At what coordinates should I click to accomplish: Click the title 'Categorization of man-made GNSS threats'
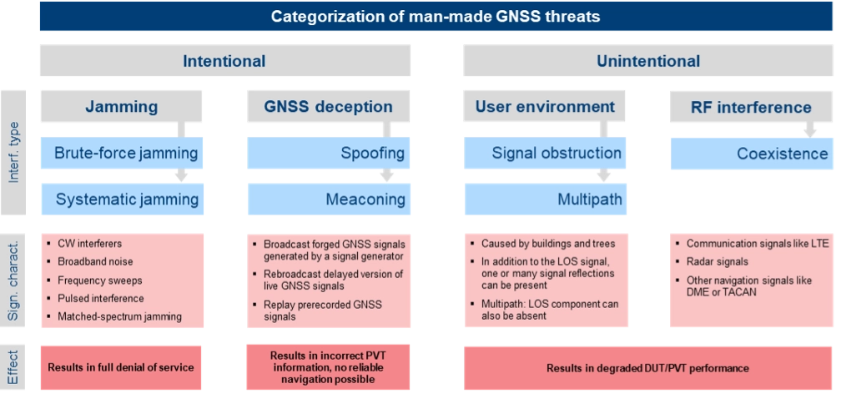tap(435, 17)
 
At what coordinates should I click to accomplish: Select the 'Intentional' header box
tap(224, 61)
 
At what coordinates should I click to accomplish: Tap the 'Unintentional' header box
tap(647, 61)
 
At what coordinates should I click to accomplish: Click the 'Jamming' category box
tap(122, 107)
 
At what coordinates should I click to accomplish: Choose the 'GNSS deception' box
tap(328, 107)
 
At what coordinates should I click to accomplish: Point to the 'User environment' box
tap(545, 107)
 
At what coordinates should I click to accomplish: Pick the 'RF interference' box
tap(751, 107)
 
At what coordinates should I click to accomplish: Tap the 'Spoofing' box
tap(328, 153)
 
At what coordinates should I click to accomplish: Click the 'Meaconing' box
tap(328, 199)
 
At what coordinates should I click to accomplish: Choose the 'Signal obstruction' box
tap(545, 153)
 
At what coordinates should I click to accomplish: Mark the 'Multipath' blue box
tap(545, 199)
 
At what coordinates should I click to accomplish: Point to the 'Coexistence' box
tap(751, 153)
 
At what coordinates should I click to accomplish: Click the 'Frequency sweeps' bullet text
tap(100, 280)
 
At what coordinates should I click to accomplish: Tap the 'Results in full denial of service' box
tap(121, 367)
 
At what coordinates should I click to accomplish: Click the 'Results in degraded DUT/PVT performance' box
tap(647, 367)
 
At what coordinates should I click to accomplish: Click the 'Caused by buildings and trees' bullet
tap(548, 244)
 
